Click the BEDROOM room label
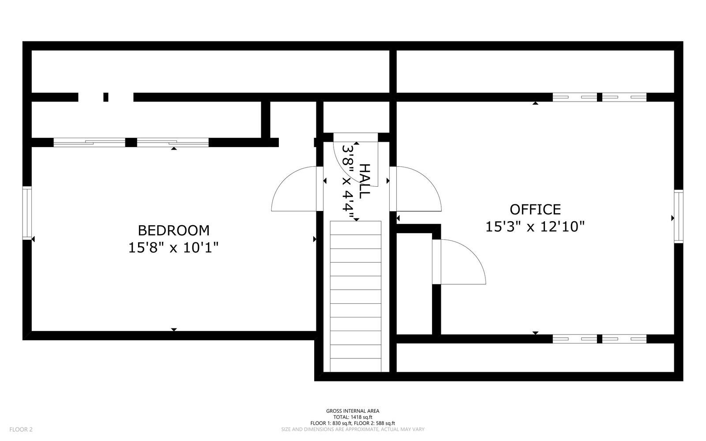point(173,230)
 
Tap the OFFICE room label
point(535,209)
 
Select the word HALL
point(364,181)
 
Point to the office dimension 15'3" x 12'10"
point(535,227)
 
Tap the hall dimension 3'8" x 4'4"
point(349,182)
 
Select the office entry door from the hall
point(417,189)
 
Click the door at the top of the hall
point(355,152)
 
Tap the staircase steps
point(356,296)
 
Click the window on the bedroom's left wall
point(27,213)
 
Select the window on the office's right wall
point(678,216)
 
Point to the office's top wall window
point(599,97)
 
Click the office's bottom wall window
point(599,339)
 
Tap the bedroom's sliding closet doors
point(131,142)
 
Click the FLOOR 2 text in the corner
point(21,429)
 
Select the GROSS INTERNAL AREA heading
point(353,411)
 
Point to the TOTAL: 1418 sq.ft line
point(353,417)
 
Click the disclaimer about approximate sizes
point(353,429)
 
